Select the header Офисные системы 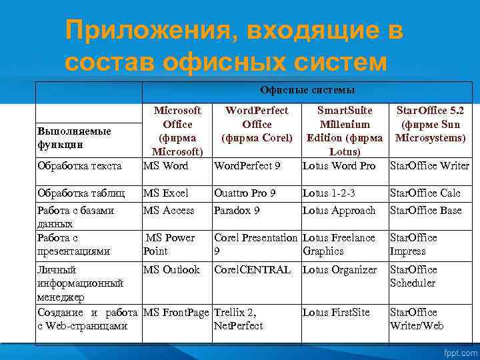307,89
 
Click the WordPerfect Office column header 257,124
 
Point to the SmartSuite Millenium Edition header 344,131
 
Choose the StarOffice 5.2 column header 430,124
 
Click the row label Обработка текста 79,165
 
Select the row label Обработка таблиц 81,193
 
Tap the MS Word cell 166,165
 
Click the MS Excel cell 166,193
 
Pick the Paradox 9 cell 237,211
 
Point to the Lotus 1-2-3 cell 329,193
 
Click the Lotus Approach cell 339,211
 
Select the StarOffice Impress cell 413,244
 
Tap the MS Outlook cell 171,270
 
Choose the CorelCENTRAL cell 252,270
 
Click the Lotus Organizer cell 339,270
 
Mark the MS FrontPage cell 177,313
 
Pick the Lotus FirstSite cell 336,313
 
